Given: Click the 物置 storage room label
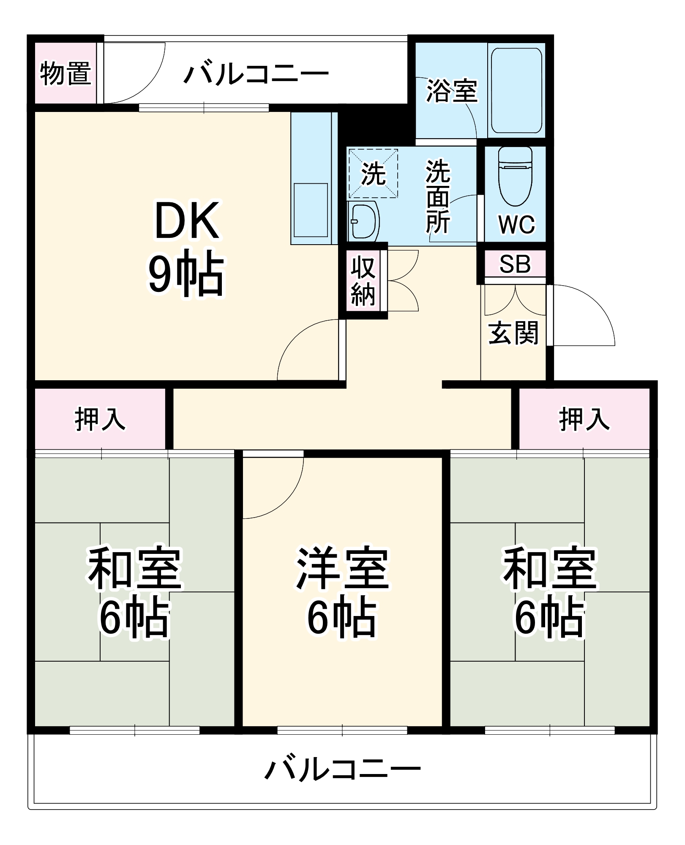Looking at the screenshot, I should coord(65,74).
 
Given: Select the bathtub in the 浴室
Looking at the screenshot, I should coord(516,90).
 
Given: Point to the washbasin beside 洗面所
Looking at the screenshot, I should coord(364,221).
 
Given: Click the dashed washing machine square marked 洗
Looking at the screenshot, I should coord(373,173).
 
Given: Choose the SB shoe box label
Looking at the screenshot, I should coord(515,264).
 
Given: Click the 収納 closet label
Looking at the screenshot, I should coord(363,281).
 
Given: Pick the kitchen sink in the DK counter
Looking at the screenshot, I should coord(311,210).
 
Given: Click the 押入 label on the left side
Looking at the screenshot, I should coord(100,419).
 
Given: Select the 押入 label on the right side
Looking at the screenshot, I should coord(584,419).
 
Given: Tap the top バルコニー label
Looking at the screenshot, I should coord(256,74).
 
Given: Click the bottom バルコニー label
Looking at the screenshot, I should coord(342,768).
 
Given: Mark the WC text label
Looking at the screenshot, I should coord(516,224).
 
